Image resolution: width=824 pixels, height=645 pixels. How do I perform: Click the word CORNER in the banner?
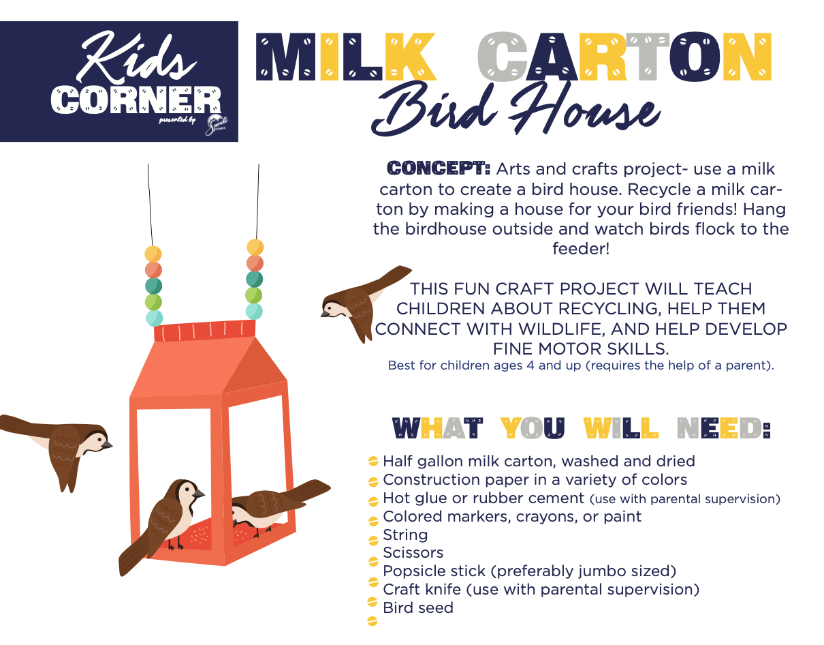pyautogui.click(x=136, y=100)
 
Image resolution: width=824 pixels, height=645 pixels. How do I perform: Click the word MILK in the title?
pyautogui.click(x=345, y=57)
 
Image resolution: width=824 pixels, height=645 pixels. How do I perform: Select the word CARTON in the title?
pyautogui.click(x=624, y=57)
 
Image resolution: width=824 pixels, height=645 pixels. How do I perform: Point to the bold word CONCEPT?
pyautogui.click(x=439, y=168)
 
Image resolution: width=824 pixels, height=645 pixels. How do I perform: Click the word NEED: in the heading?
pyautogui.click(x=723, y=428)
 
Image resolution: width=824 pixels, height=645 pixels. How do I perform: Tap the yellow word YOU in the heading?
pyautogui.click(x=533, y=428)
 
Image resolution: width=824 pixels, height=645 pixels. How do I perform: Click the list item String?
pyautogui.click(x=405, y=535)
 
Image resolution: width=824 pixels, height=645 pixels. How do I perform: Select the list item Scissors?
pyautogui.click(x=413, y=553)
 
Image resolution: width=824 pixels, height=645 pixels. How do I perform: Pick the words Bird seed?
pyautogui.click(x=418, y=607)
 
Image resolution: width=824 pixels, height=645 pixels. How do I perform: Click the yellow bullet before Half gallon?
pyautogui.click(x=373, y=462)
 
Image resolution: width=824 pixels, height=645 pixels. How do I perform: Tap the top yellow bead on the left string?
pyautogui.click(x=153, y=254)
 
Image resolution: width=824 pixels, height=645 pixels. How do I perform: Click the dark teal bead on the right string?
pyautogui.click(x=254, y=279)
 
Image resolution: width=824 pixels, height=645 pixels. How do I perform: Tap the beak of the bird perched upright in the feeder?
pyautogui.click(x=199, y=494)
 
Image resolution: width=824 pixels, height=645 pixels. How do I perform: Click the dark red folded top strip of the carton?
pyautogui.click(x=204, y=331)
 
